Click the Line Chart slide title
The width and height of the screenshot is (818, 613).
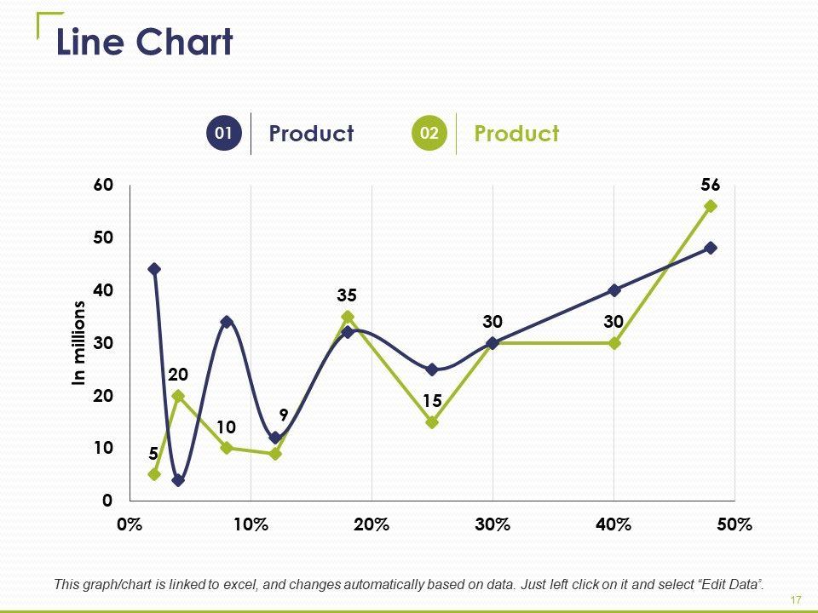click(144, 43)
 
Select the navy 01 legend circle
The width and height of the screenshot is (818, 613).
click(224, 134)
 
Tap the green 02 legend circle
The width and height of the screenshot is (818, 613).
click(429, 134)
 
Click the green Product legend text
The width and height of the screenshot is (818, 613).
click(516, 134)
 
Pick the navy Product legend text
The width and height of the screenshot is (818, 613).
click(310, 134)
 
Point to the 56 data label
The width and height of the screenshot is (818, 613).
click(711, 185)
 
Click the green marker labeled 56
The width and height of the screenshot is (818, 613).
click(711, 206)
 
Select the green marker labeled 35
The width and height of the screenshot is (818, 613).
click(348, 317)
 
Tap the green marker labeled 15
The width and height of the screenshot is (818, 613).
click(432, 421)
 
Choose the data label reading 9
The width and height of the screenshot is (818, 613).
click(284, 415)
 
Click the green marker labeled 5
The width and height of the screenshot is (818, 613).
click(154, 474)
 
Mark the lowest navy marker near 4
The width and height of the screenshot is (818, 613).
click(178, 480)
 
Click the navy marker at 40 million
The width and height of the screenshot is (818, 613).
click(614, 290)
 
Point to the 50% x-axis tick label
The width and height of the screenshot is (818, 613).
click(734, 524)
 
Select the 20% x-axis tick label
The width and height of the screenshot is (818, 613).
click(372, 524)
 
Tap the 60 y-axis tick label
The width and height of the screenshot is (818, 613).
click(102, 185)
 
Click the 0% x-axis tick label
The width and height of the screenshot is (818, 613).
click(130, 524)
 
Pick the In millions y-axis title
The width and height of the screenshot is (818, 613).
click(79, 343)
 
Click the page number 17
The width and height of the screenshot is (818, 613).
click(796, 600)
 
